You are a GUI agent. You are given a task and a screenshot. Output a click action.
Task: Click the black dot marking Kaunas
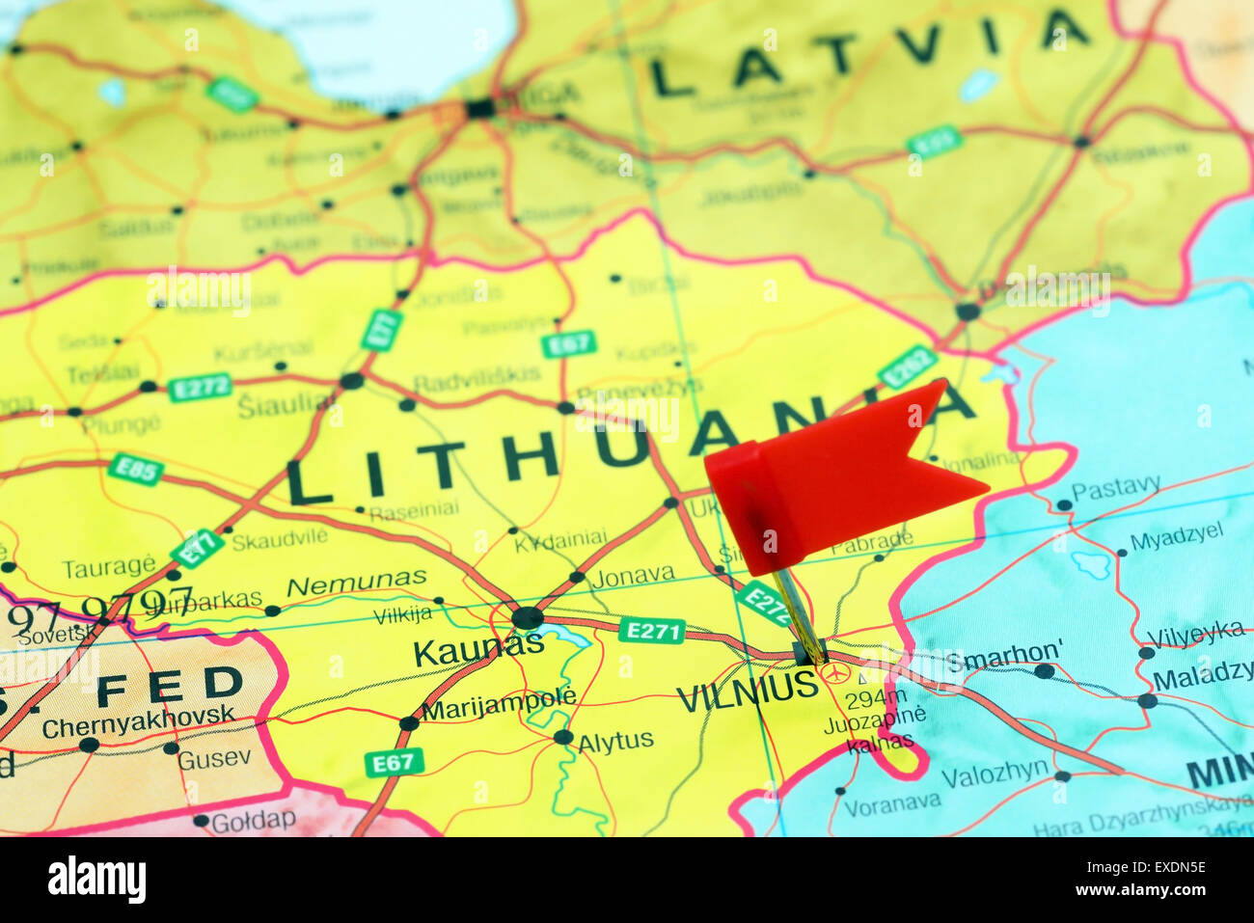[x=527, y=617]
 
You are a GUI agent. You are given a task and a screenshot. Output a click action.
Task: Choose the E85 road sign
[x=135, y=470]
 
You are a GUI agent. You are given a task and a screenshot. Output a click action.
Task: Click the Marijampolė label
[x=499, y=704]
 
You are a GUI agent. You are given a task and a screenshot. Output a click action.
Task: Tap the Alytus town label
[x=615, y=742]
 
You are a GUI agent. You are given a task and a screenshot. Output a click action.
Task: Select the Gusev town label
[x=214, y=758]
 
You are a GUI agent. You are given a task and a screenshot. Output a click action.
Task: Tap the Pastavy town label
[x=1115, y=489]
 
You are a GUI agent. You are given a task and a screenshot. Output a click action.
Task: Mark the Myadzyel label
[x=1176, y=536]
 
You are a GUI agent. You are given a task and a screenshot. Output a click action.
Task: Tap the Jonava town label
[x=633, y=576]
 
